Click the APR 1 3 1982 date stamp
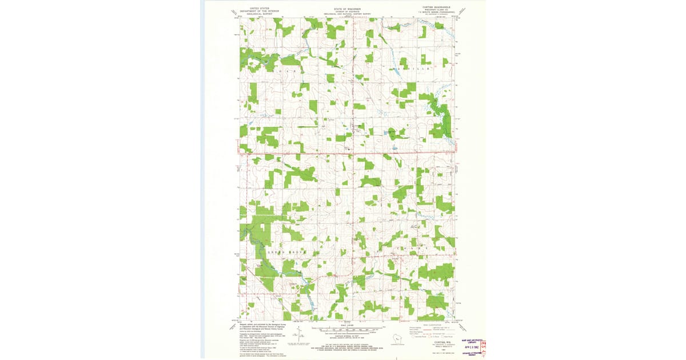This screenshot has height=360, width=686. [x=471, y=346]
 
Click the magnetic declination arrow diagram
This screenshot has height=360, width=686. [x=300, y=337]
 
